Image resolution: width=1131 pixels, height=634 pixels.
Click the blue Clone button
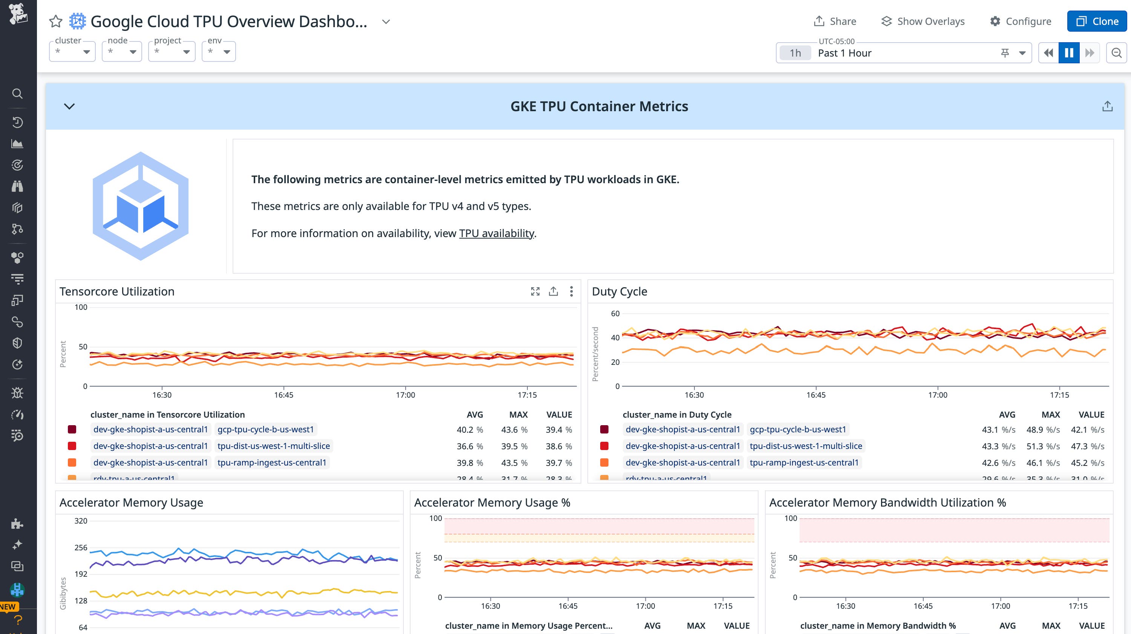click(1097, 21)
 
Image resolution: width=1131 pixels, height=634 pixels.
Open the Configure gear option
click(1021, 21)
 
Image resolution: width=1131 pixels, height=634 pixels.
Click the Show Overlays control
click(923, 21)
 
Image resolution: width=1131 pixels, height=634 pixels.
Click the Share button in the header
click(835, 21)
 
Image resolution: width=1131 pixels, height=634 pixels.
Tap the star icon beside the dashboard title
click(56, 21)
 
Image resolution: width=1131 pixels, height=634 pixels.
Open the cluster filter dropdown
click(72, 52)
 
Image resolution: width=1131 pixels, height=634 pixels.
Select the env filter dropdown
click(219, 52)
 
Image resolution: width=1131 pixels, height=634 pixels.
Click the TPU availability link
click(497, 233)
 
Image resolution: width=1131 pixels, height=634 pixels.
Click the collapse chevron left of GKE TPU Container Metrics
click(69, 106)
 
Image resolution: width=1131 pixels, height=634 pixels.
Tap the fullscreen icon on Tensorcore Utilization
click(535, 291)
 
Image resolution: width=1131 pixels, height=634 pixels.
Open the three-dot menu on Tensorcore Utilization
click(571, 291)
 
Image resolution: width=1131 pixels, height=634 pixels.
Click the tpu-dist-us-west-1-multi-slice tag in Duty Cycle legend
click(806, 446)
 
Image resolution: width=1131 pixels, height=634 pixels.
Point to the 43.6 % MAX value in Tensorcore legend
click(514, 429)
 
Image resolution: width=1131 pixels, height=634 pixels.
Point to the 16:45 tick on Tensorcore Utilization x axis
click(284, 395)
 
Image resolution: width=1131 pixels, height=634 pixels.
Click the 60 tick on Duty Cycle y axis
click(615, 314)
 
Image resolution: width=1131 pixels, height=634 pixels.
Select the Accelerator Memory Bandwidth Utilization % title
click(887, 502)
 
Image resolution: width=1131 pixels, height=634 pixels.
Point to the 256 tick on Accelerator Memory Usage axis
click(81, 548)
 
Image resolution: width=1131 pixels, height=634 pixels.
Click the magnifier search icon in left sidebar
click(17, 93)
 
